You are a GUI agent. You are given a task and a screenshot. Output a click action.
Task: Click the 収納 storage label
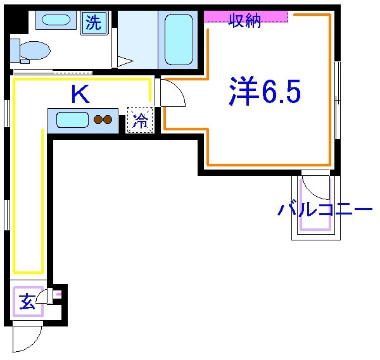click(244, 21)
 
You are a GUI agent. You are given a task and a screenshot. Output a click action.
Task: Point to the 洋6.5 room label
click(264, 93)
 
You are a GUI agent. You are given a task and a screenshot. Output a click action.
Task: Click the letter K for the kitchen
click(80, 94)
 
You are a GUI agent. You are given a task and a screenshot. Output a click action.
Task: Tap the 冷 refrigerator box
click(141, 120)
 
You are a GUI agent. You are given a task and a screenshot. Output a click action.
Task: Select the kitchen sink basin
click(72, 119)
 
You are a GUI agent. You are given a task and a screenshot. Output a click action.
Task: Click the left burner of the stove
click(98, 119)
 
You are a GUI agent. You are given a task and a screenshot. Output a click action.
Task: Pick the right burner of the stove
click(108, 119)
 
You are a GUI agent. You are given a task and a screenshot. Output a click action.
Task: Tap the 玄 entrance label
click(27, 302)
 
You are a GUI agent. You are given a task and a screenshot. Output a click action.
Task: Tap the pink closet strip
click(246, 16)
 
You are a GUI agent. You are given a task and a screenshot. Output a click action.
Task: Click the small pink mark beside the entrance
click(58, 294)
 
